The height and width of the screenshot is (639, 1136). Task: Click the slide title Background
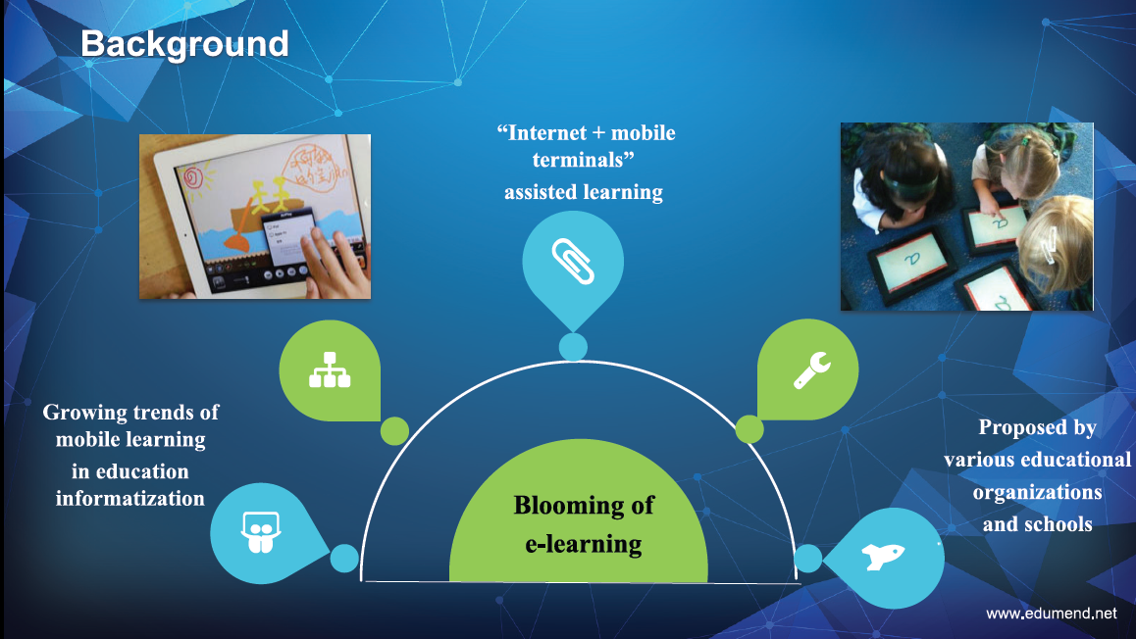(184, 45)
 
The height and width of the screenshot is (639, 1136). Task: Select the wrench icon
(811, 369)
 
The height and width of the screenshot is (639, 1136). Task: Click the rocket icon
(883, 557)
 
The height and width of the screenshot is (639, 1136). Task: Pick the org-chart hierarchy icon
(330, 369)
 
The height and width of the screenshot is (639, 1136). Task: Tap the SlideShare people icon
(260, 532)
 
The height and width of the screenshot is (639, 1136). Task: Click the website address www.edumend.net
(1052, 614)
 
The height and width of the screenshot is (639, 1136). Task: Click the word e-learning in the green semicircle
(584, 544)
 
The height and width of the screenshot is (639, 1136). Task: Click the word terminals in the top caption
(578, 160)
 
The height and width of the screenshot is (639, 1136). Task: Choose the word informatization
(130, 499)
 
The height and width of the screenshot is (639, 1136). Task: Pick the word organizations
(1038, 493)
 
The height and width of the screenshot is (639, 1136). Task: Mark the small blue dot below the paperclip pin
(573, 347)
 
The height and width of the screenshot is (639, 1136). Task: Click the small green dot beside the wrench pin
(749, 429)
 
